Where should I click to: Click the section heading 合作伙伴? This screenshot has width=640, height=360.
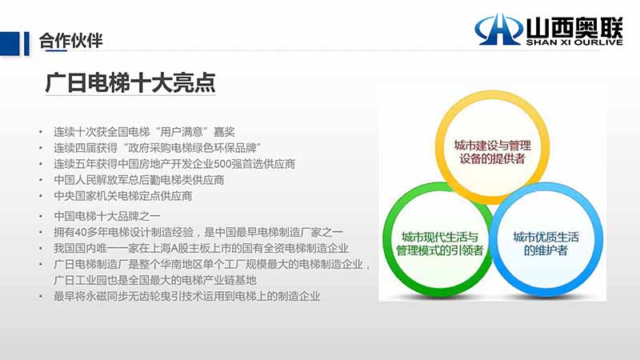pos(70,41)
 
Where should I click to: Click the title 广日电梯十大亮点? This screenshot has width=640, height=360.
pos(130,83)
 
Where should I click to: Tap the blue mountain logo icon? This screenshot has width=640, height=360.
pos(498,29)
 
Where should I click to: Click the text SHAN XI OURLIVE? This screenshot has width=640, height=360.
pos(574,42)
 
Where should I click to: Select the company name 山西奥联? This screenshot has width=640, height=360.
pos(574,27)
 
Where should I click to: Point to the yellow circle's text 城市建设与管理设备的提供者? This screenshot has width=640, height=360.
pos(492,152)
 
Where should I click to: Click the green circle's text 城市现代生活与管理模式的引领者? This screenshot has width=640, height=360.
pos(439,244)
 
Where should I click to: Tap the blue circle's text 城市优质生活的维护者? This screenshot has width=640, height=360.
pos(546,244)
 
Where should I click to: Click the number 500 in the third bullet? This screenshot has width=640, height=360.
pos(223,164)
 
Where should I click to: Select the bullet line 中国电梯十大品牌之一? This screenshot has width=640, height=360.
pos(107,216)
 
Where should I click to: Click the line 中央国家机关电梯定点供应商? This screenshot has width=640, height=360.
pos(123,196)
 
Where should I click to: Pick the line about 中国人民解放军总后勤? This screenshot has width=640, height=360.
pos(138,180)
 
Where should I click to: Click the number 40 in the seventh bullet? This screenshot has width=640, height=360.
pos(80,232)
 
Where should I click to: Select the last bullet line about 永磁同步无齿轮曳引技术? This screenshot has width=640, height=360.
pos(187,296)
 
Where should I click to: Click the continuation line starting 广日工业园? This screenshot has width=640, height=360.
pos(154,281)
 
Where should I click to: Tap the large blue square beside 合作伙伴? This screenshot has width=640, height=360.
pos(10,44)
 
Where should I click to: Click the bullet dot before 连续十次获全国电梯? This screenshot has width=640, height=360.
pos(41,132)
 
